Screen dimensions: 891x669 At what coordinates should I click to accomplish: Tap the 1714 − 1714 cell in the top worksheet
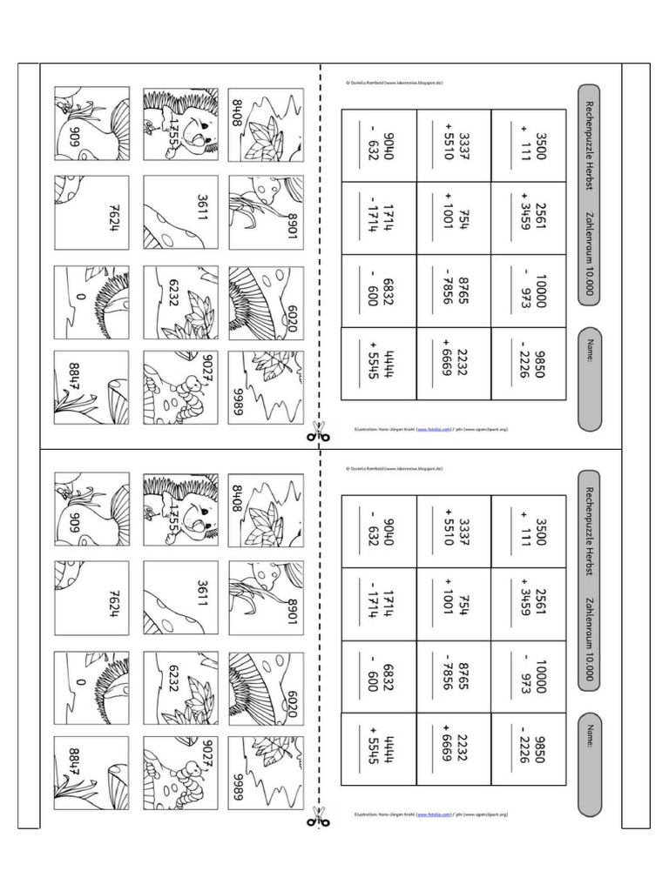[378, 217]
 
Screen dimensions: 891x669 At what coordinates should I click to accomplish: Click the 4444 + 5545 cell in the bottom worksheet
[378, 748]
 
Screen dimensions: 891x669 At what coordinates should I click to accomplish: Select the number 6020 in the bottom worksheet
[291, 700]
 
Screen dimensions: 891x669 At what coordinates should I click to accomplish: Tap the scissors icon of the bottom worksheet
[319, 817]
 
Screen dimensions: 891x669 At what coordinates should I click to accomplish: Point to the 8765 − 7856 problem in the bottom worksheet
[454, 677]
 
